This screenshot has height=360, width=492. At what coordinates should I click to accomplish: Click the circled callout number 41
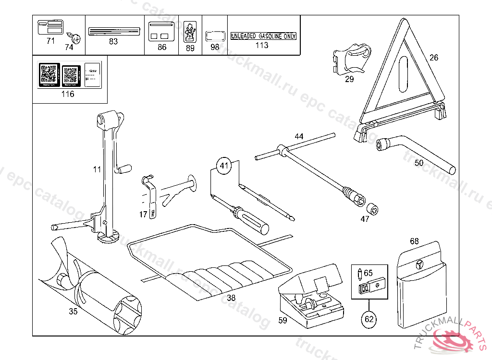(x=223, y=166)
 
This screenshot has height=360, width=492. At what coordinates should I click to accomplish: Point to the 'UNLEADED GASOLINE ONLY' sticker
(x=263, y=36)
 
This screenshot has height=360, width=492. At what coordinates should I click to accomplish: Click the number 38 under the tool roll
(x=231, y=298)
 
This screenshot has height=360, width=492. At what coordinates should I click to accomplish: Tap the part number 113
(x=262, y=45)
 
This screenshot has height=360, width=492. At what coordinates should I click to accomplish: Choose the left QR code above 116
(x=49, y=74)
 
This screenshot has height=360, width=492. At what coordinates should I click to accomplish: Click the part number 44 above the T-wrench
(x=299, y=137)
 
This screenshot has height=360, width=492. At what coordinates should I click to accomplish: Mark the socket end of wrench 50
(x=384, y=144)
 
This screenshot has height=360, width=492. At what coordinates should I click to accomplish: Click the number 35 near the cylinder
(x=73, y=311)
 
